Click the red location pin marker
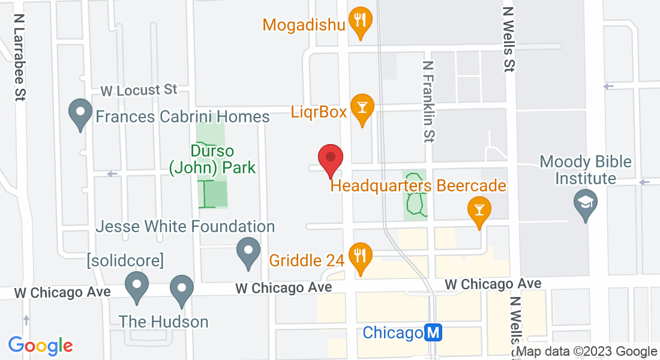pos(330,159)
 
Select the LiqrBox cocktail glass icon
pos(362,107)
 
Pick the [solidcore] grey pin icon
pos(137,286)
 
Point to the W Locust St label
pos(139,91)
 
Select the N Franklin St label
pos(428,102)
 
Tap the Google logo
pos(40,346)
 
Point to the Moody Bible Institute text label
pos(586,170)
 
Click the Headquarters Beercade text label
pos(418,186)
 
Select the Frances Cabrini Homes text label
pos(183,116)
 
